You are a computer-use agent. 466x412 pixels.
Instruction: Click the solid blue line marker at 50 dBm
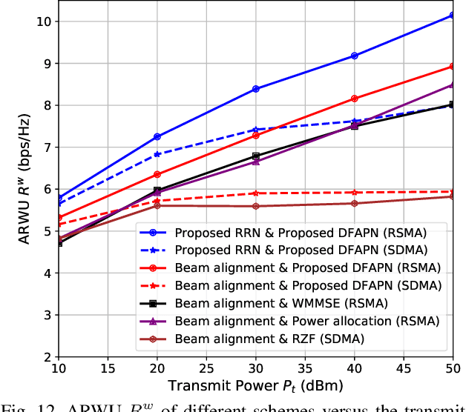tap(452, 15)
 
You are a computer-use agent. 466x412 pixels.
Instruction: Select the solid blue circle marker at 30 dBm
tap(256, 89)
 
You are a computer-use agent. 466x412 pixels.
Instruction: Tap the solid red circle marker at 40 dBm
tap(354, 99)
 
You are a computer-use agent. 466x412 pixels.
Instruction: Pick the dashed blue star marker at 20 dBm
tap(157, 154)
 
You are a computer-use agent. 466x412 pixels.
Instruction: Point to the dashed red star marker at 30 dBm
tap(256, 193)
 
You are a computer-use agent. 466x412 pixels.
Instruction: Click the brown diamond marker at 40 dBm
tap(354, 203)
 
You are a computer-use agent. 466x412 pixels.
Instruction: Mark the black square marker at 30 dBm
tap(256, 156)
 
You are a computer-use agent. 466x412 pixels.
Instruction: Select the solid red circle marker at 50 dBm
tap(452, 67)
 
